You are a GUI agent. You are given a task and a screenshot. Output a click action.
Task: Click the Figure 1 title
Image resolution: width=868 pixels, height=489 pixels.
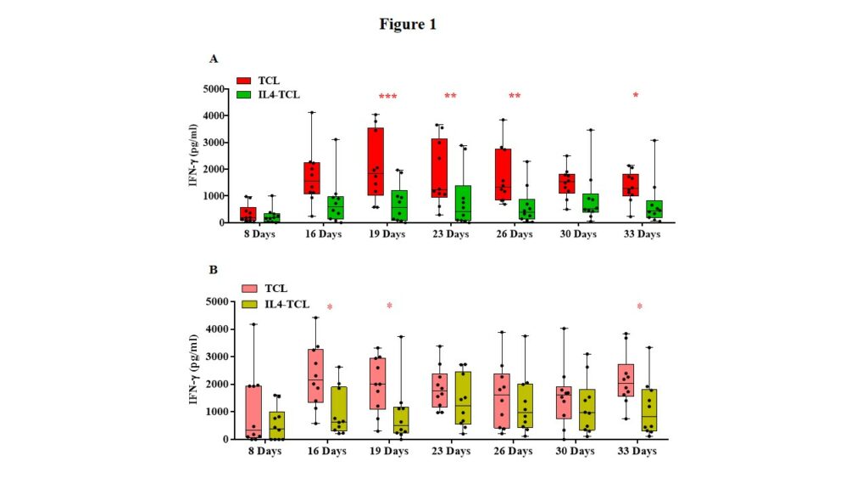408,25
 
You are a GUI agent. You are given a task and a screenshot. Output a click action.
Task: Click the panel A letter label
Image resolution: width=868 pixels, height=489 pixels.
214,59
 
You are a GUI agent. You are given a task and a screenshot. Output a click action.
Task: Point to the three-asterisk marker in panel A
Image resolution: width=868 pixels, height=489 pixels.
387,97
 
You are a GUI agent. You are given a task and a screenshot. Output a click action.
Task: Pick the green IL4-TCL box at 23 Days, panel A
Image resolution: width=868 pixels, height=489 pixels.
463,204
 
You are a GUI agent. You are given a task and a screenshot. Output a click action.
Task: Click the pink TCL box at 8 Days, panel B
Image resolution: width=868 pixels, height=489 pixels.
251,412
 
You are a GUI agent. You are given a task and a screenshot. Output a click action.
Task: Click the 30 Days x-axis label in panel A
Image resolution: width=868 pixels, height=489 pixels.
579,233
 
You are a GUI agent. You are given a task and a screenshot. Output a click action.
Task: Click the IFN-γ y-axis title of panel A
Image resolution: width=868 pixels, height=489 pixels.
195,155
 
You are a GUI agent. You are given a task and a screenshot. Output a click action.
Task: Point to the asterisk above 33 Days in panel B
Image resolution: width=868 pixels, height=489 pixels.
639,306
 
